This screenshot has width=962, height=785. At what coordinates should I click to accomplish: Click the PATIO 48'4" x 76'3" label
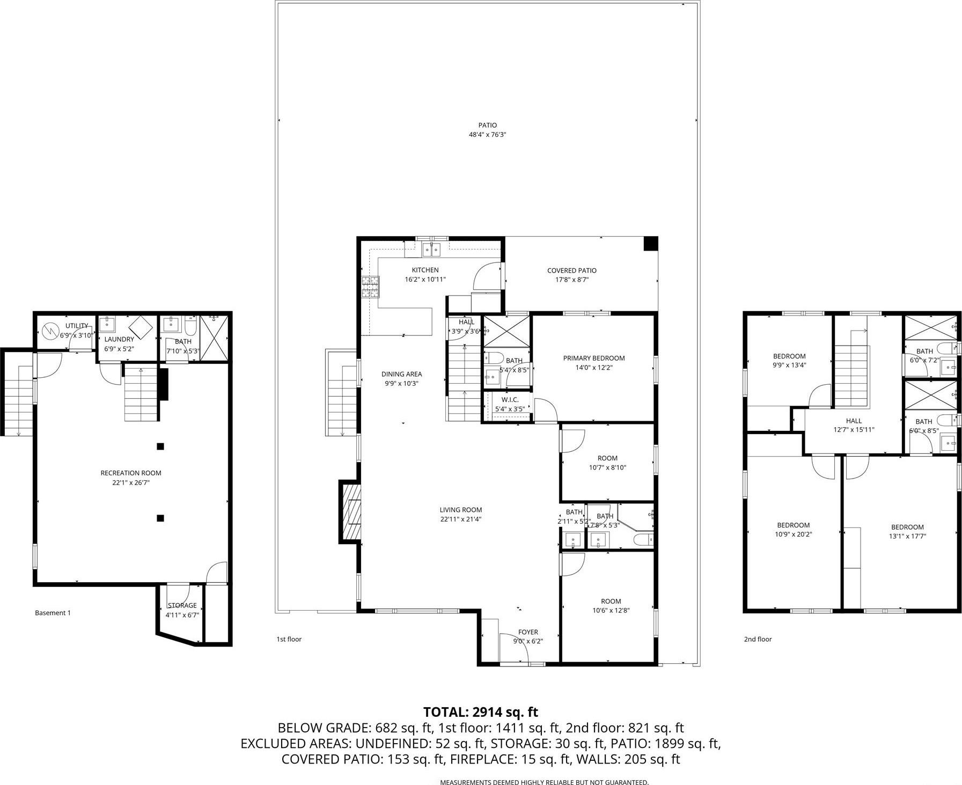(487, 130)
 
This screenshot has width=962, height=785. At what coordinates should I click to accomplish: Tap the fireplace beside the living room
(350, 512)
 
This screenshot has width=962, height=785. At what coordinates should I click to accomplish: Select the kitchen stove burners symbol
(370, 287)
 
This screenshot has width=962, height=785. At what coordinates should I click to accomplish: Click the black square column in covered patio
(650, 244)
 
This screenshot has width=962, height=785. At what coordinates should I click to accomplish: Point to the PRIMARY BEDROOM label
(593, 363)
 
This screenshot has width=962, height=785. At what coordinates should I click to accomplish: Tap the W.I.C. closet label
(510, 404)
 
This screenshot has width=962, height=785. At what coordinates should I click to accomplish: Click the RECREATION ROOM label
(131, 478)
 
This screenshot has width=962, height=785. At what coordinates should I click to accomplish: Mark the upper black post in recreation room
(160, 446)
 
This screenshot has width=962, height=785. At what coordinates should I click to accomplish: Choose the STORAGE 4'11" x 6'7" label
(182, 610)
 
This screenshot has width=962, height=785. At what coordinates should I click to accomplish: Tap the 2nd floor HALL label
(854, 425)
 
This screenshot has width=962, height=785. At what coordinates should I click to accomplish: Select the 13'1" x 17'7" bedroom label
(907, 531)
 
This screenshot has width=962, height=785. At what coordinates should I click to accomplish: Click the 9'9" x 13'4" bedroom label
(789, 360)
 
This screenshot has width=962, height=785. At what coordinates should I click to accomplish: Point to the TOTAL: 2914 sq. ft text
(480, 712)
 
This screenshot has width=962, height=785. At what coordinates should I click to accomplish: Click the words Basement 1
(53, 613)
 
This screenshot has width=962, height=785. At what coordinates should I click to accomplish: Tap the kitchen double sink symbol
(431, 248)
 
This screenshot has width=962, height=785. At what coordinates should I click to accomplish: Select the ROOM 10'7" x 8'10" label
(607, 463)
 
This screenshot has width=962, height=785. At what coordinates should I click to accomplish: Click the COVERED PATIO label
(571, 275)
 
